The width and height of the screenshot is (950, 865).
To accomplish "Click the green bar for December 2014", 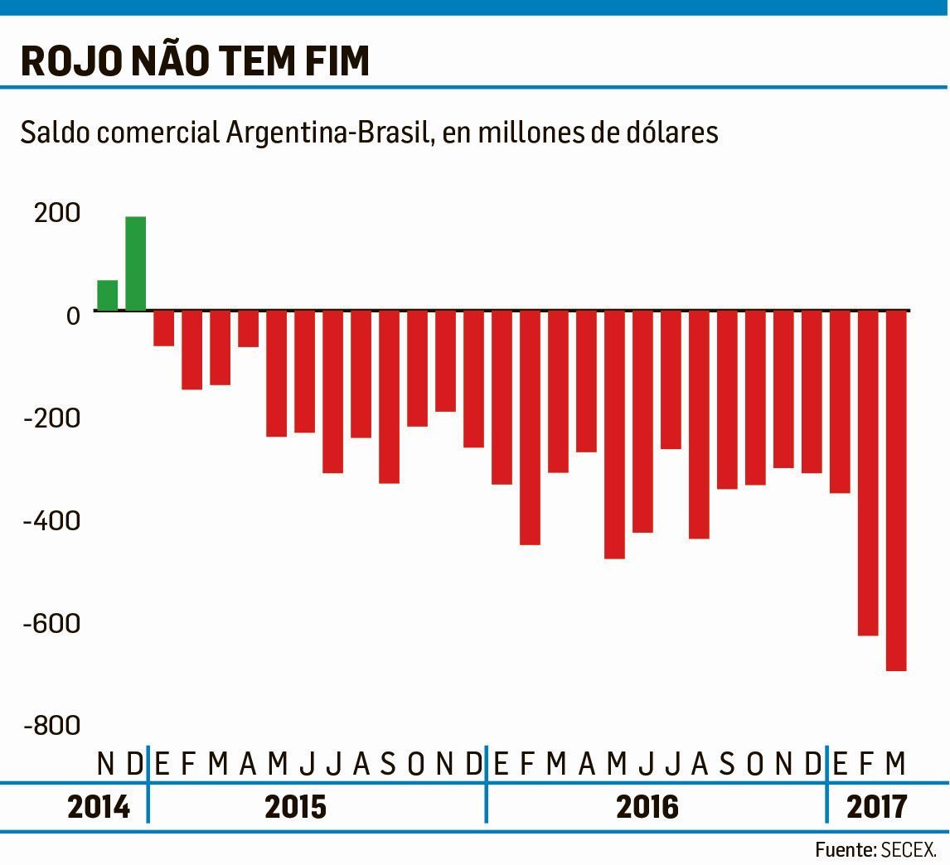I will [136, 263].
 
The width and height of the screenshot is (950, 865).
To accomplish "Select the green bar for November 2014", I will [108, 295].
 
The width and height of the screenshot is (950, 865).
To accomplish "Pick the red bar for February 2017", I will [868, 473].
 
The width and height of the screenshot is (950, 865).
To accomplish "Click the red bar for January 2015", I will [164, 328].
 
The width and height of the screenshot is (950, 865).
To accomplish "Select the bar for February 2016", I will [531, 428].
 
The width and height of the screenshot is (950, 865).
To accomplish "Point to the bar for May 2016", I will [615, 434].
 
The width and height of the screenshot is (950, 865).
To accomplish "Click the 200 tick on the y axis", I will [57, 213].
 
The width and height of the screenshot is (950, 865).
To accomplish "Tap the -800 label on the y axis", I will [53, 726].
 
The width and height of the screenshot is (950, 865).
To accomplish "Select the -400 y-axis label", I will [53, 521].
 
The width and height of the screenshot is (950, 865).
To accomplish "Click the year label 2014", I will [99, 806].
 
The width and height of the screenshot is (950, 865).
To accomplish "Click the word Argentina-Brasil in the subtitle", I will [329, 133].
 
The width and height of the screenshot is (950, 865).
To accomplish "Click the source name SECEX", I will [909, 850].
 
